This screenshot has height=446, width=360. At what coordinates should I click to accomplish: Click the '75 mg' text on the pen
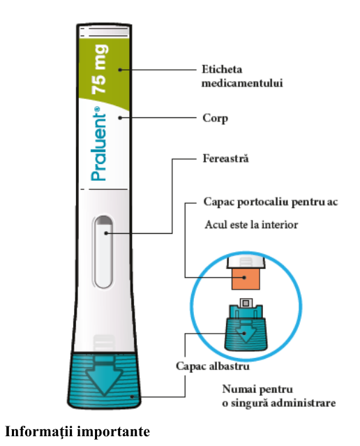(100, 69)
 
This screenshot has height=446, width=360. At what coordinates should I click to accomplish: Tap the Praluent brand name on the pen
(99, 144)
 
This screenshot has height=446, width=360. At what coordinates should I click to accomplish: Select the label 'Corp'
(216, 119)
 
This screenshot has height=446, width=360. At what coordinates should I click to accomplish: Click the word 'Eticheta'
(222, 69)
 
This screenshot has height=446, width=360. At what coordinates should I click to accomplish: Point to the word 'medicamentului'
(242, 83)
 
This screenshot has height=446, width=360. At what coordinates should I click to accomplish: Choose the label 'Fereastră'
(225, 158)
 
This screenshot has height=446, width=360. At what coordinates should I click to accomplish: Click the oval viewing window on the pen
(103, 252)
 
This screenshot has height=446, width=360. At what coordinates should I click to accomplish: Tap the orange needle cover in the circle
(246, 279)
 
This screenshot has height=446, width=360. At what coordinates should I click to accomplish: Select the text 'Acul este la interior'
(251, 225)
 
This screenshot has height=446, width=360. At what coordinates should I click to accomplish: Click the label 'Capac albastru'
(213, 366)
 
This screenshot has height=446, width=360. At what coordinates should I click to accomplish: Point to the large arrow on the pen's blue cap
(104, 376)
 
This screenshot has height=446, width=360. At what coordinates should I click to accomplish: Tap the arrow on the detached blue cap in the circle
(246, 332)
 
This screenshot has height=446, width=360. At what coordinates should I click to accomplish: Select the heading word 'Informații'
(39, 431)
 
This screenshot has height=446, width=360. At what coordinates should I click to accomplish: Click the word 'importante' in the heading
(114, 432)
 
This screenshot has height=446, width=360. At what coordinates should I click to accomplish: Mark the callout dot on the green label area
(120, 70)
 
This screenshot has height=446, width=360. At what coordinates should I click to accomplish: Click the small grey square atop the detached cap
(246, 303)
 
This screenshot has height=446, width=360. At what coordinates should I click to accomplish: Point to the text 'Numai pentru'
(257, 389)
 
